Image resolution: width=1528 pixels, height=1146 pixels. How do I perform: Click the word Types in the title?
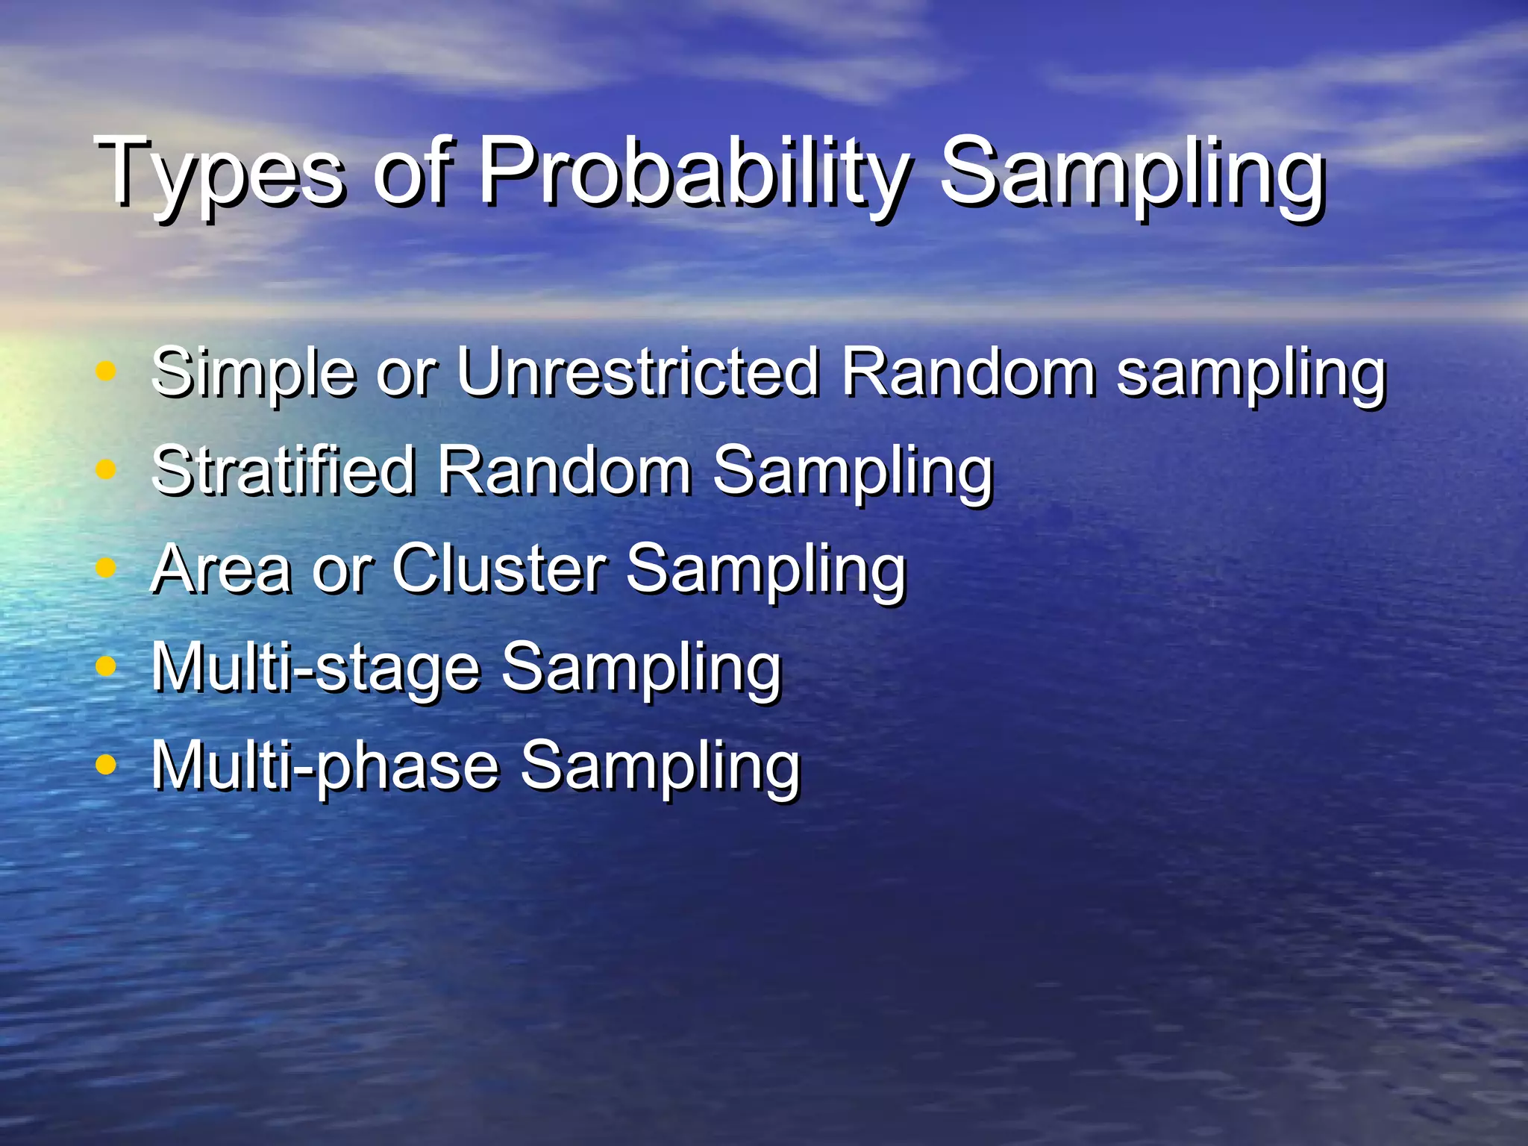tap(221, 173)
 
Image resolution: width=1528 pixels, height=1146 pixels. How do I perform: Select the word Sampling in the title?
tap(1131, 173)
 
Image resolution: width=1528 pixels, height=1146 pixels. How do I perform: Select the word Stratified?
tap(283, 470)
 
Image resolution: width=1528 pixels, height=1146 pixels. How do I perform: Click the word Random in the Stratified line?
tap(564, 470)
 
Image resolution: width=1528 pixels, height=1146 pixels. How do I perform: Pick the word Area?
tap(221, 569)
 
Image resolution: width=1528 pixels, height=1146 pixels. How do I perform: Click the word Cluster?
tap(499, 569)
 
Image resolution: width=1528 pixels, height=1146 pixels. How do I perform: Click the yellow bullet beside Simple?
tap(107, 371)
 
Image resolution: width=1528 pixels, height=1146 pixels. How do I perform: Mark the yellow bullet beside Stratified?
tap(107, 469)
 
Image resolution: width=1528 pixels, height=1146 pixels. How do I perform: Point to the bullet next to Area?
tap(107, 568)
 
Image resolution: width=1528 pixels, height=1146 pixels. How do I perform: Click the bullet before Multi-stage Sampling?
tap(107, 666)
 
